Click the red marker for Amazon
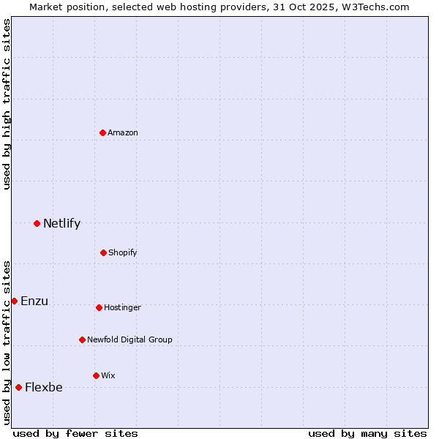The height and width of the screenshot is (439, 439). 103,132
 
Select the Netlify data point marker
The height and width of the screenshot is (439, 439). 37,223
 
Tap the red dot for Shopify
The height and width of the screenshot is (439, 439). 103,252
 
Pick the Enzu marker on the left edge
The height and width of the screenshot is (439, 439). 14,301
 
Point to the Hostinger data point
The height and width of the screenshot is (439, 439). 99,307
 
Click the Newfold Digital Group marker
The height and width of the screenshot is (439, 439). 82,339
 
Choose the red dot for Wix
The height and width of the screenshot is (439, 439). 96,375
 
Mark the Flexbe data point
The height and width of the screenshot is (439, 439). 18,387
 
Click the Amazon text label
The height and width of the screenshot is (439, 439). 123,132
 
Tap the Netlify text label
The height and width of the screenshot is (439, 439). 61,223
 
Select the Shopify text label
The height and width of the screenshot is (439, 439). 123,252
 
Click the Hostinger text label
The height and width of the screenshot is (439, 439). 122,307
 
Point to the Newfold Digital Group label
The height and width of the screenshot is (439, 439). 130,339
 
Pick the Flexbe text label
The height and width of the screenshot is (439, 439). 44,387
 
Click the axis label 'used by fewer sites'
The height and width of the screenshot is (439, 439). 75,433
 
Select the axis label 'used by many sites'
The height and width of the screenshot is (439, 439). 367,433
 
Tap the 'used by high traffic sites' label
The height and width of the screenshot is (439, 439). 7,104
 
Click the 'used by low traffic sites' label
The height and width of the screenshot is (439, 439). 7,342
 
